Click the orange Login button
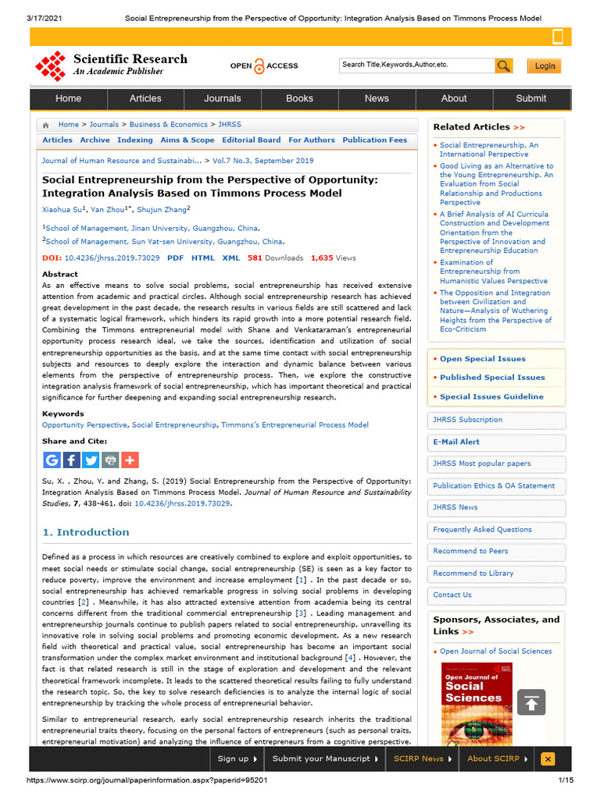coord(545,66)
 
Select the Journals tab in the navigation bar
coord(223,98)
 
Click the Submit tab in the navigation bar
coord(531,98)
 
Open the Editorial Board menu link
coord(251,140)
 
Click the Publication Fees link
coord(375,140)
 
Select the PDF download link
coord(176,257)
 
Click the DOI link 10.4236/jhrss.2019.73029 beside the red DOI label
coord(112,257)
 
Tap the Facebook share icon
coord(71,460)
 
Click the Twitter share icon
coord(91,460)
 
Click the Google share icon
coord(52,460)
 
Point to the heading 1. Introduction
coord(86,532)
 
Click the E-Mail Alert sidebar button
coord(456,442)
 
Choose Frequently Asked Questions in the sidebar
coord(482,529)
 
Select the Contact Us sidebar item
coord(452,595)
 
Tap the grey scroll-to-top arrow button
coord(531,702)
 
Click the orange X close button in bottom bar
coord(548,758)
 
